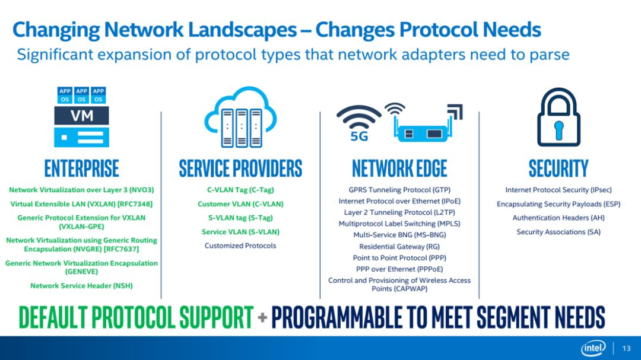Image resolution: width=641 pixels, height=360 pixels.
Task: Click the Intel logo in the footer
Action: coord(594,348)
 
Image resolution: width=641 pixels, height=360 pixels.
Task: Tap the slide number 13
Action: coord(626,349)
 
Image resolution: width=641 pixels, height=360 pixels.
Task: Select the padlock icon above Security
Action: coord(559,117)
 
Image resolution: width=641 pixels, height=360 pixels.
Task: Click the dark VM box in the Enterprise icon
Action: coord(82,116)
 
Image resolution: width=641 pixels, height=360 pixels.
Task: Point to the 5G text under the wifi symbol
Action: coord(359,136)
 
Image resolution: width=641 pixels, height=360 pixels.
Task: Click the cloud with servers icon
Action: coord(241,117)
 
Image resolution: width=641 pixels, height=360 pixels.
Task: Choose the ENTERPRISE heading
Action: coord(82,168)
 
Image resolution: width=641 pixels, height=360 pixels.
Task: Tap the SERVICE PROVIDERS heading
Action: coord(240,168)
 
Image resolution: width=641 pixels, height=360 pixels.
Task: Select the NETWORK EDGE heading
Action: coord(399,168)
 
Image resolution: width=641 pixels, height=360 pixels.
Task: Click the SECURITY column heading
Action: coord(559,168)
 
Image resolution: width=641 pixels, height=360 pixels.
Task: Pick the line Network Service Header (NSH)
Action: coord(81,286)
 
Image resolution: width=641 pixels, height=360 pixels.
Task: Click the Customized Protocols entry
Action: coord(240,246)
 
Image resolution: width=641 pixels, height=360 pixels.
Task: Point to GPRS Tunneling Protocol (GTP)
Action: coord(399,190)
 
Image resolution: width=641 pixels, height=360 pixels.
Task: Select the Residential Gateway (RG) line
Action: coord(399,246)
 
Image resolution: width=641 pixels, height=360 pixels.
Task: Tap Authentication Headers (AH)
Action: coord(559,218)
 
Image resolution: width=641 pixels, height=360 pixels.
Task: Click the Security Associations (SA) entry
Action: coord(559,232)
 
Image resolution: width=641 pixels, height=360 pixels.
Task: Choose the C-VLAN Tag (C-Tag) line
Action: coord(240,190)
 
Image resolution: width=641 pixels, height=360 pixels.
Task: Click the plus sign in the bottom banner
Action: coord(262,317)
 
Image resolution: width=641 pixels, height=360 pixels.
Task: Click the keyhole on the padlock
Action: coord(559,129)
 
